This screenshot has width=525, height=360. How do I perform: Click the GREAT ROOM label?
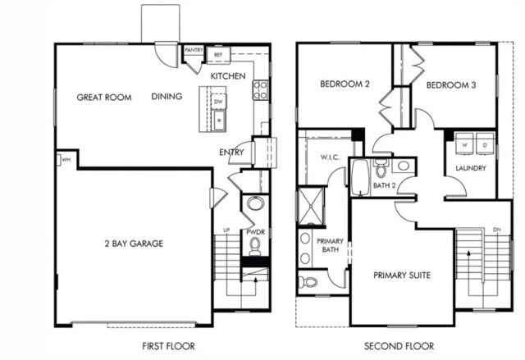tap(104, 98)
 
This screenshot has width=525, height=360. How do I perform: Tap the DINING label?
tap(167, 97)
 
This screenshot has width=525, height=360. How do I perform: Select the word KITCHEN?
tap(228, 76)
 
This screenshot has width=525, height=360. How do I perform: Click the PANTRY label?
tap(194, 50)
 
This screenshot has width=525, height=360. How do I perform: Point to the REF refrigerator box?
tap(218, 56)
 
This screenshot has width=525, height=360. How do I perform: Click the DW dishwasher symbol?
tap(218, 102)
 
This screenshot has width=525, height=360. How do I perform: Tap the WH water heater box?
tap(64, 159)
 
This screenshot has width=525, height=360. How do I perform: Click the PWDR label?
tap(254, 233)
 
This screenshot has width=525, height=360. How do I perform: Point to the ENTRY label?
tap(231, 153)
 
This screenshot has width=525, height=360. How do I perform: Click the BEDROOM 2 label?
tap(345, 84)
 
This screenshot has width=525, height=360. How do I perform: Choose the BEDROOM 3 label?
tap(452, 84)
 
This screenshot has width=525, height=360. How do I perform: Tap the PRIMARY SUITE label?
tap(402, 275)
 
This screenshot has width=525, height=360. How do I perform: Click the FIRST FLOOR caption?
tap(167, 346)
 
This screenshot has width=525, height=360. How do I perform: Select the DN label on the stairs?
tap(497, 230)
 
